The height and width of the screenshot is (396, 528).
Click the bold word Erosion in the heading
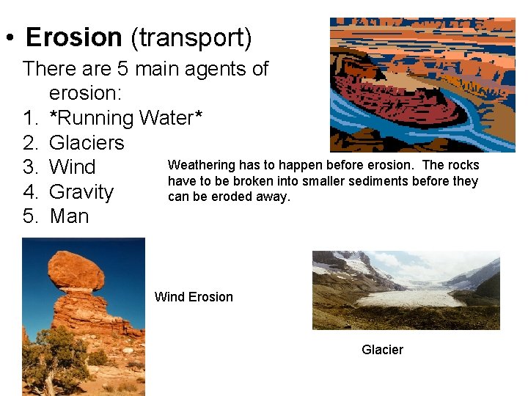74,37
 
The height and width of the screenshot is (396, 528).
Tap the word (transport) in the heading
191,38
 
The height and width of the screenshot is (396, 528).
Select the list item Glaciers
87,142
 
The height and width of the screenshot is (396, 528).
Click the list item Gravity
81,192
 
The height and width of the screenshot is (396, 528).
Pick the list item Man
70,216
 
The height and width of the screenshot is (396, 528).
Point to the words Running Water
125,118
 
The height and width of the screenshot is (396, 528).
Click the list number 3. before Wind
30,167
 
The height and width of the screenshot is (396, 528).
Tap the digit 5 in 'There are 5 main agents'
123,68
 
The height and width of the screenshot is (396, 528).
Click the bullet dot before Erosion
10,37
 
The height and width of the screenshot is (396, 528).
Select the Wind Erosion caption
194,297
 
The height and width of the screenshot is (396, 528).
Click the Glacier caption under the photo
382,350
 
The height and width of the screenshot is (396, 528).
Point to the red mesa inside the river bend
397,101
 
